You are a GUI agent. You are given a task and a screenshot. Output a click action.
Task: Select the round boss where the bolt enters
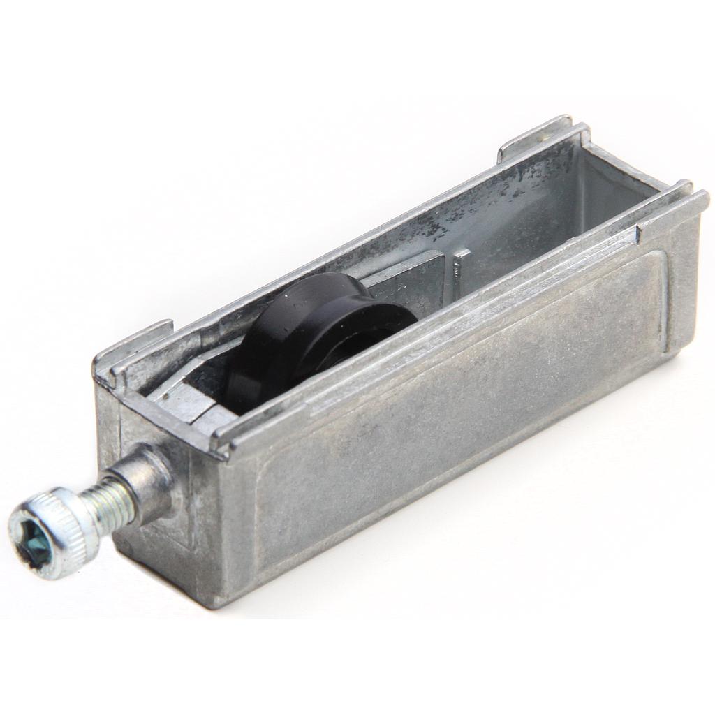click(x=147, y=482)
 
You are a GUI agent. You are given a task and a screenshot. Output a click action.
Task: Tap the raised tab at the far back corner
click(x=534, y=136)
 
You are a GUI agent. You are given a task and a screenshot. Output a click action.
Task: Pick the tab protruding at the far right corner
click(x=691, y=199)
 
